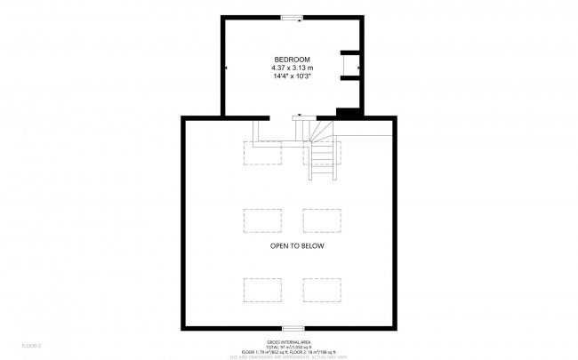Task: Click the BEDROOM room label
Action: [292, 59]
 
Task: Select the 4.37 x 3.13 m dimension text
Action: [292, 68]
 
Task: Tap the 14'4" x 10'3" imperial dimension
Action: [292, 76]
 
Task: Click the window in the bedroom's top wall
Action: [292, 17]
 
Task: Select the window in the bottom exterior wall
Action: [292, 328]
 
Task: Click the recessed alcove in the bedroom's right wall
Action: [351, 67]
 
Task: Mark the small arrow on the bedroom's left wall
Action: [226, 68]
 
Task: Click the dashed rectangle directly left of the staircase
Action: [262, 153]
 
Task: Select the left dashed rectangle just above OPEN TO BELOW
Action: [262, 220]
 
